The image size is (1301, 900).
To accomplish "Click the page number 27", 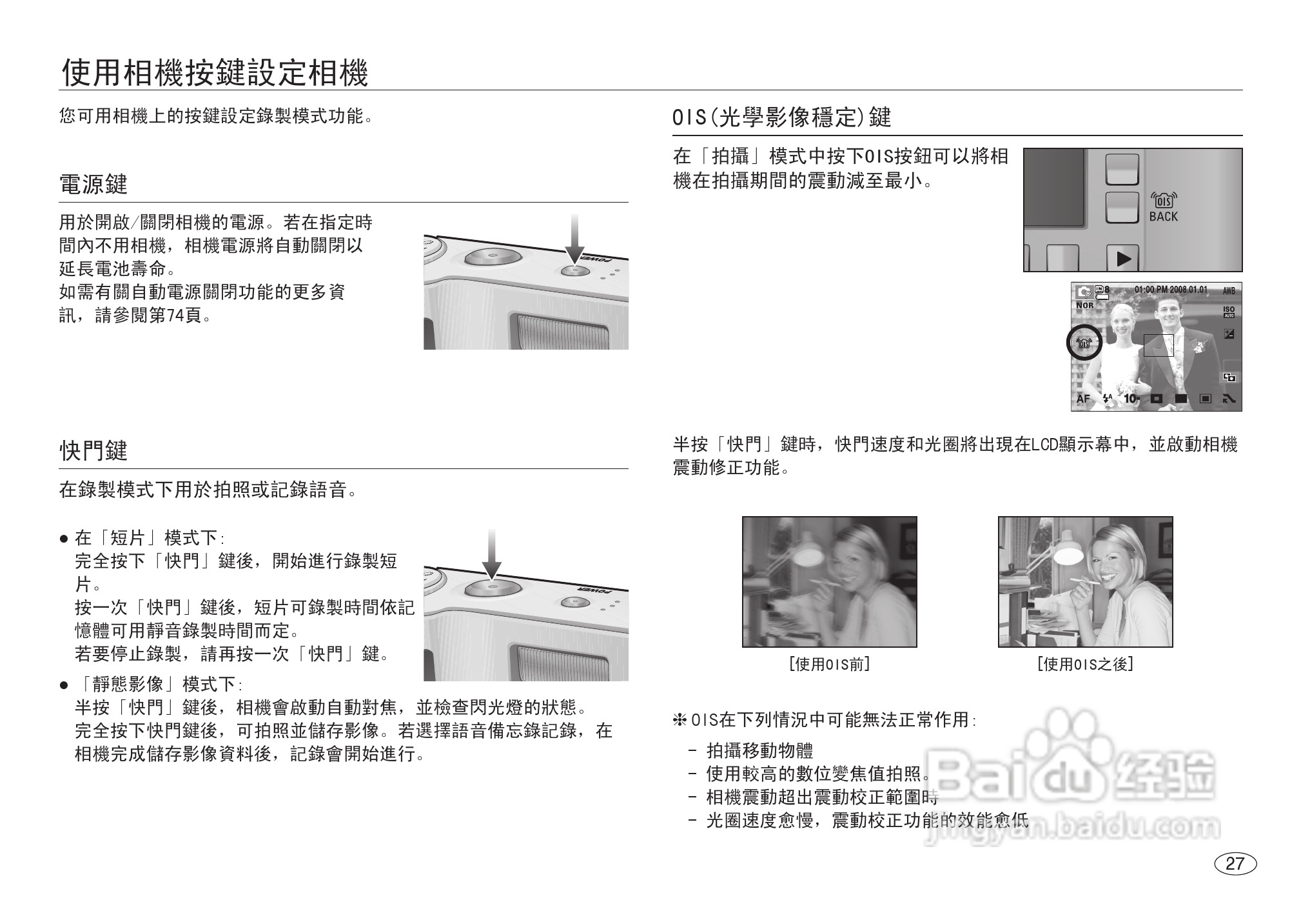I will (1235, 864).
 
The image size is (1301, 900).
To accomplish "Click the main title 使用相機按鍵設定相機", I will (215, 73).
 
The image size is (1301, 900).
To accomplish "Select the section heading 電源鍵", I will (93, 185).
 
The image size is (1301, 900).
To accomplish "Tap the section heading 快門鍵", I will (93, 450).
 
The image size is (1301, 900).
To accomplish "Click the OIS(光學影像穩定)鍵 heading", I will (782, 117).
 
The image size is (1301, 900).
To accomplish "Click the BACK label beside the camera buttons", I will (1163, 217).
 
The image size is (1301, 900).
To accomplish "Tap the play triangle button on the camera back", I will (1123, 259).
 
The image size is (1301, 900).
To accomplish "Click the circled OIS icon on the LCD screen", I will (1084, 343).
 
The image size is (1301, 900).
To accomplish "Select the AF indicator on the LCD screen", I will (1083, 399).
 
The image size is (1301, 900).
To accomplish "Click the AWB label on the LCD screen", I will (1229, 291).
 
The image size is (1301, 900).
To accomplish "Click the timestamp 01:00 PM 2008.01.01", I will (1171, 290).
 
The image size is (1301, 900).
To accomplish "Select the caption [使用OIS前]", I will (829, 664).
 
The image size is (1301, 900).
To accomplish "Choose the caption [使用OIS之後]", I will (1085, 664).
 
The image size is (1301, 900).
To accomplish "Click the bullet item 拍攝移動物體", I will (759, 750).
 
